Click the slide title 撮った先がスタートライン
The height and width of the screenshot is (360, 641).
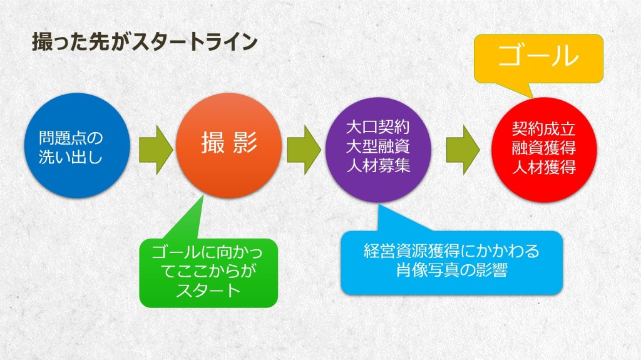145,42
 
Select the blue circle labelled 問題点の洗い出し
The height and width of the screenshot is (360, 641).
78,146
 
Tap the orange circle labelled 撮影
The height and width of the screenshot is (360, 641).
229,146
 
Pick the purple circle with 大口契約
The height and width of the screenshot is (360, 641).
378,150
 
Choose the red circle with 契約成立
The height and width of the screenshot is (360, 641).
544,150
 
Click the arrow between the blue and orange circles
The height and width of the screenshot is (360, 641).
156,150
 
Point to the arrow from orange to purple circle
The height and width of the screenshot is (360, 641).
304,150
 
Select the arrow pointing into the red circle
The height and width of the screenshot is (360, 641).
463,150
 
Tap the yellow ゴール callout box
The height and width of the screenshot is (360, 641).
538,58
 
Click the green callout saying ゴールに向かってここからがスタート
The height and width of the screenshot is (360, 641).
208,273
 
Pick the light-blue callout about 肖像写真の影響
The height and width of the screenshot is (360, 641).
452,262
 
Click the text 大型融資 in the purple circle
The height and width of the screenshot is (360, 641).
377,147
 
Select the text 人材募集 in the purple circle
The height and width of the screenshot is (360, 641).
378,166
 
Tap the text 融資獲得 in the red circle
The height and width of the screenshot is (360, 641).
544,148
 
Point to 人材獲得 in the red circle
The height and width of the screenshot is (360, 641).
544,167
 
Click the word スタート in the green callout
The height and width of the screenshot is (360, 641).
208,291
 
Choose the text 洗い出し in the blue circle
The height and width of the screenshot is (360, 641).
70,157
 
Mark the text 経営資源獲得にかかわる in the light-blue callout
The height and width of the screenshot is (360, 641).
452,251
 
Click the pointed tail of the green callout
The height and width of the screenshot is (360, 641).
203,196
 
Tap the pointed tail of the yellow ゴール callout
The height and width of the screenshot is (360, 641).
533,98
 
